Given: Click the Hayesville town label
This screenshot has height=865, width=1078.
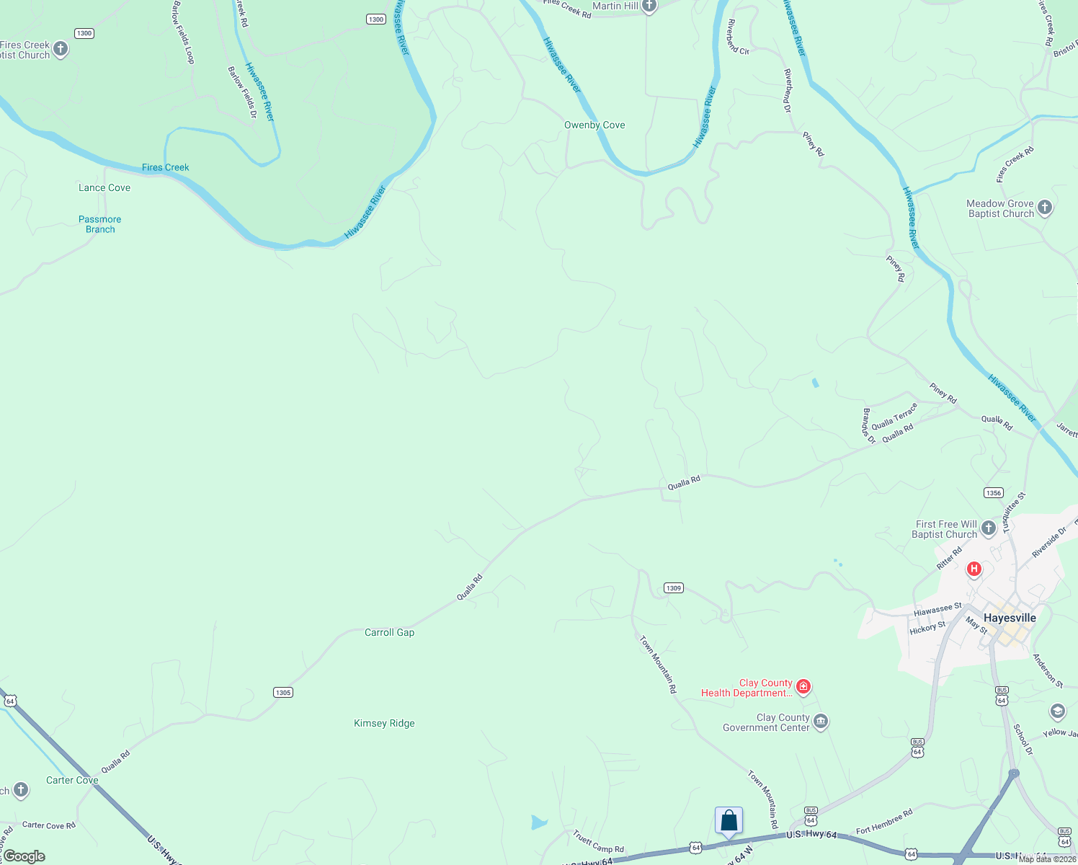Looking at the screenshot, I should [1010, 618].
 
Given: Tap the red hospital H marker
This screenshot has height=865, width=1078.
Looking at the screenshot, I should [974, 569].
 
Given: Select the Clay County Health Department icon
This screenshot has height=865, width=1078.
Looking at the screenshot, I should [803, 687].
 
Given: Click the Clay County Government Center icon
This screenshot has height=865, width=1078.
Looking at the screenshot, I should [821, 722].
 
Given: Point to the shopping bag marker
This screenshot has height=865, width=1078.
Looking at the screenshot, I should [729, 820].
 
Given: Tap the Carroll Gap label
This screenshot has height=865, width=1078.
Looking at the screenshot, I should [389, 632].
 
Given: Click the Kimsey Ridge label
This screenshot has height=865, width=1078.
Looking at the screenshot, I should [384, 723].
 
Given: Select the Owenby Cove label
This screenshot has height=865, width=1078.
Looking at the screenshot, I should [594, 125].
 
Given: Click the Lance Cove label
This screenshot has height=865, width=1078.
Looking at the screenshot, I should [104, 187].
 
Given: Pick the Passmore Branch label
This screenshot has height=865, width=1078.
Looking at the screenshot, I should [100, 224].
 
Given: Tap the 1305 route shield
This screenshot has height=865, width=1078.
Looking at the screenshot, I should [283, 693].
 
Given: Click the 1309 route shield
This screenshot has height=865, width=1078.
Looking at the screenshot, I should [674, 588].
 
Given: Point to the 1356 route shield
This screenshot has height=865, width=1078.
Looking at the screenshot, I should [994, 493].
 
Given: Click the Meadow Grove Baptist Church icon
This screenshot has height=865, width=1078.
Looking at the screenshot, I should [1045, 208].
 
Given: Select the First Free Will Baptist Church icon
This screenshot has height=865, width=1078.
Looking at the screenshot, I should [989, 528].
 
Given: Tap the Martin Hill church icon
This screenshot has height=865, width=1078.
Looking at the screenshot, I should [649, 6].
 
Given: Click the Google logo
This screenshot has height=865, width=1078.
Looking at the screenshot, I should [24, 856].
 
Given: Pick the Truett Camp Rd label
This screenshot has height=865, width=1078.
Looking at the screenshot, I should [598, 841].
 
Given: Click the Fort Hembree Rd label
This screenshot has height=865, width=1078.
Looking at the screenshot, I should [884, 821].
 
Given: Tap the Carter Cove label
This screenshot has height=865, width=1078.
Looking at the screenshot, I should [72, 780].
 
